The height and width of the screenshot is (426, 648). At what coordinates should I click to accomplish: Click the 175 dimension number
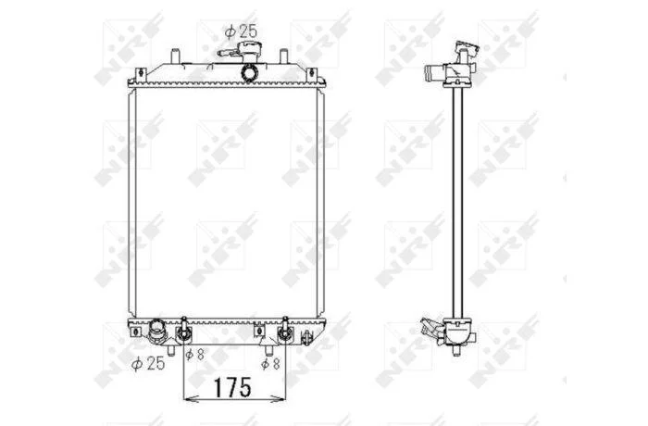pos(232,387)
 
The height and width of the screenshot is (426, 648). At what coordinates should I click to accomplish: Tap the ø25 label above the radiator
pos(241,31)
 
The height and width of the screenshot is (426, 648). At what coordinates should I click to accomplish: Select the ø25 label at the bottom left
pos(148,364)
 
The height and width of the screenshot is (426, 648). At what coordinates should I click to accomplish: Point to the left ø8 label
pos(194,355)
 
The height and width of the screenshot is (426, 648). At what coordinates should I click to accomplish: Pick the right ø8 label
pos(270,364)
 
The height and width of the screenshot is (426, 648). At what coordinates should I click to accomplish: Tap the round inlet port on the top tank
pos(250,73)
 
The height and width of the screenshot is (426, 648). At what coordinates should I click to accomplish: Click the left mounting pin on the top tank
pos(175,56)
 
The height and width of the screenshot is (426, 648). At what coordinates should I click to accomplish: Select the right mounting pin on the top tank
pos(284,56)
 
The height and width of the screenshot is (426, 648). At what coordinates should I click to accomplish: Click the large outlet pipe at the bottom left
pos(157,330)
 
